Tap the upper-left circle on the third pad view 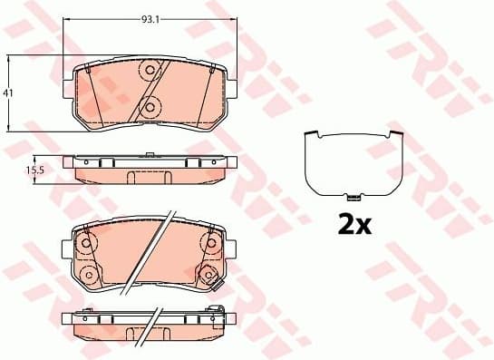(88, 243)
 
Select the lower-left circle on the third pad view (88, 275)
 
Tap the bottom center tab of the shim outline (354, 195)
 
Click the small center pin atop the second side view (150, 155)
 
